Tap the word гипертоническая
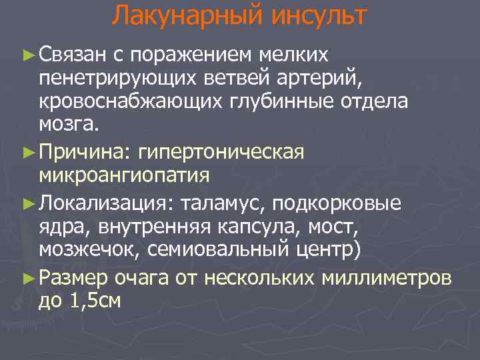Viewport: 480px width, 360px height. click(220, 151)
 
